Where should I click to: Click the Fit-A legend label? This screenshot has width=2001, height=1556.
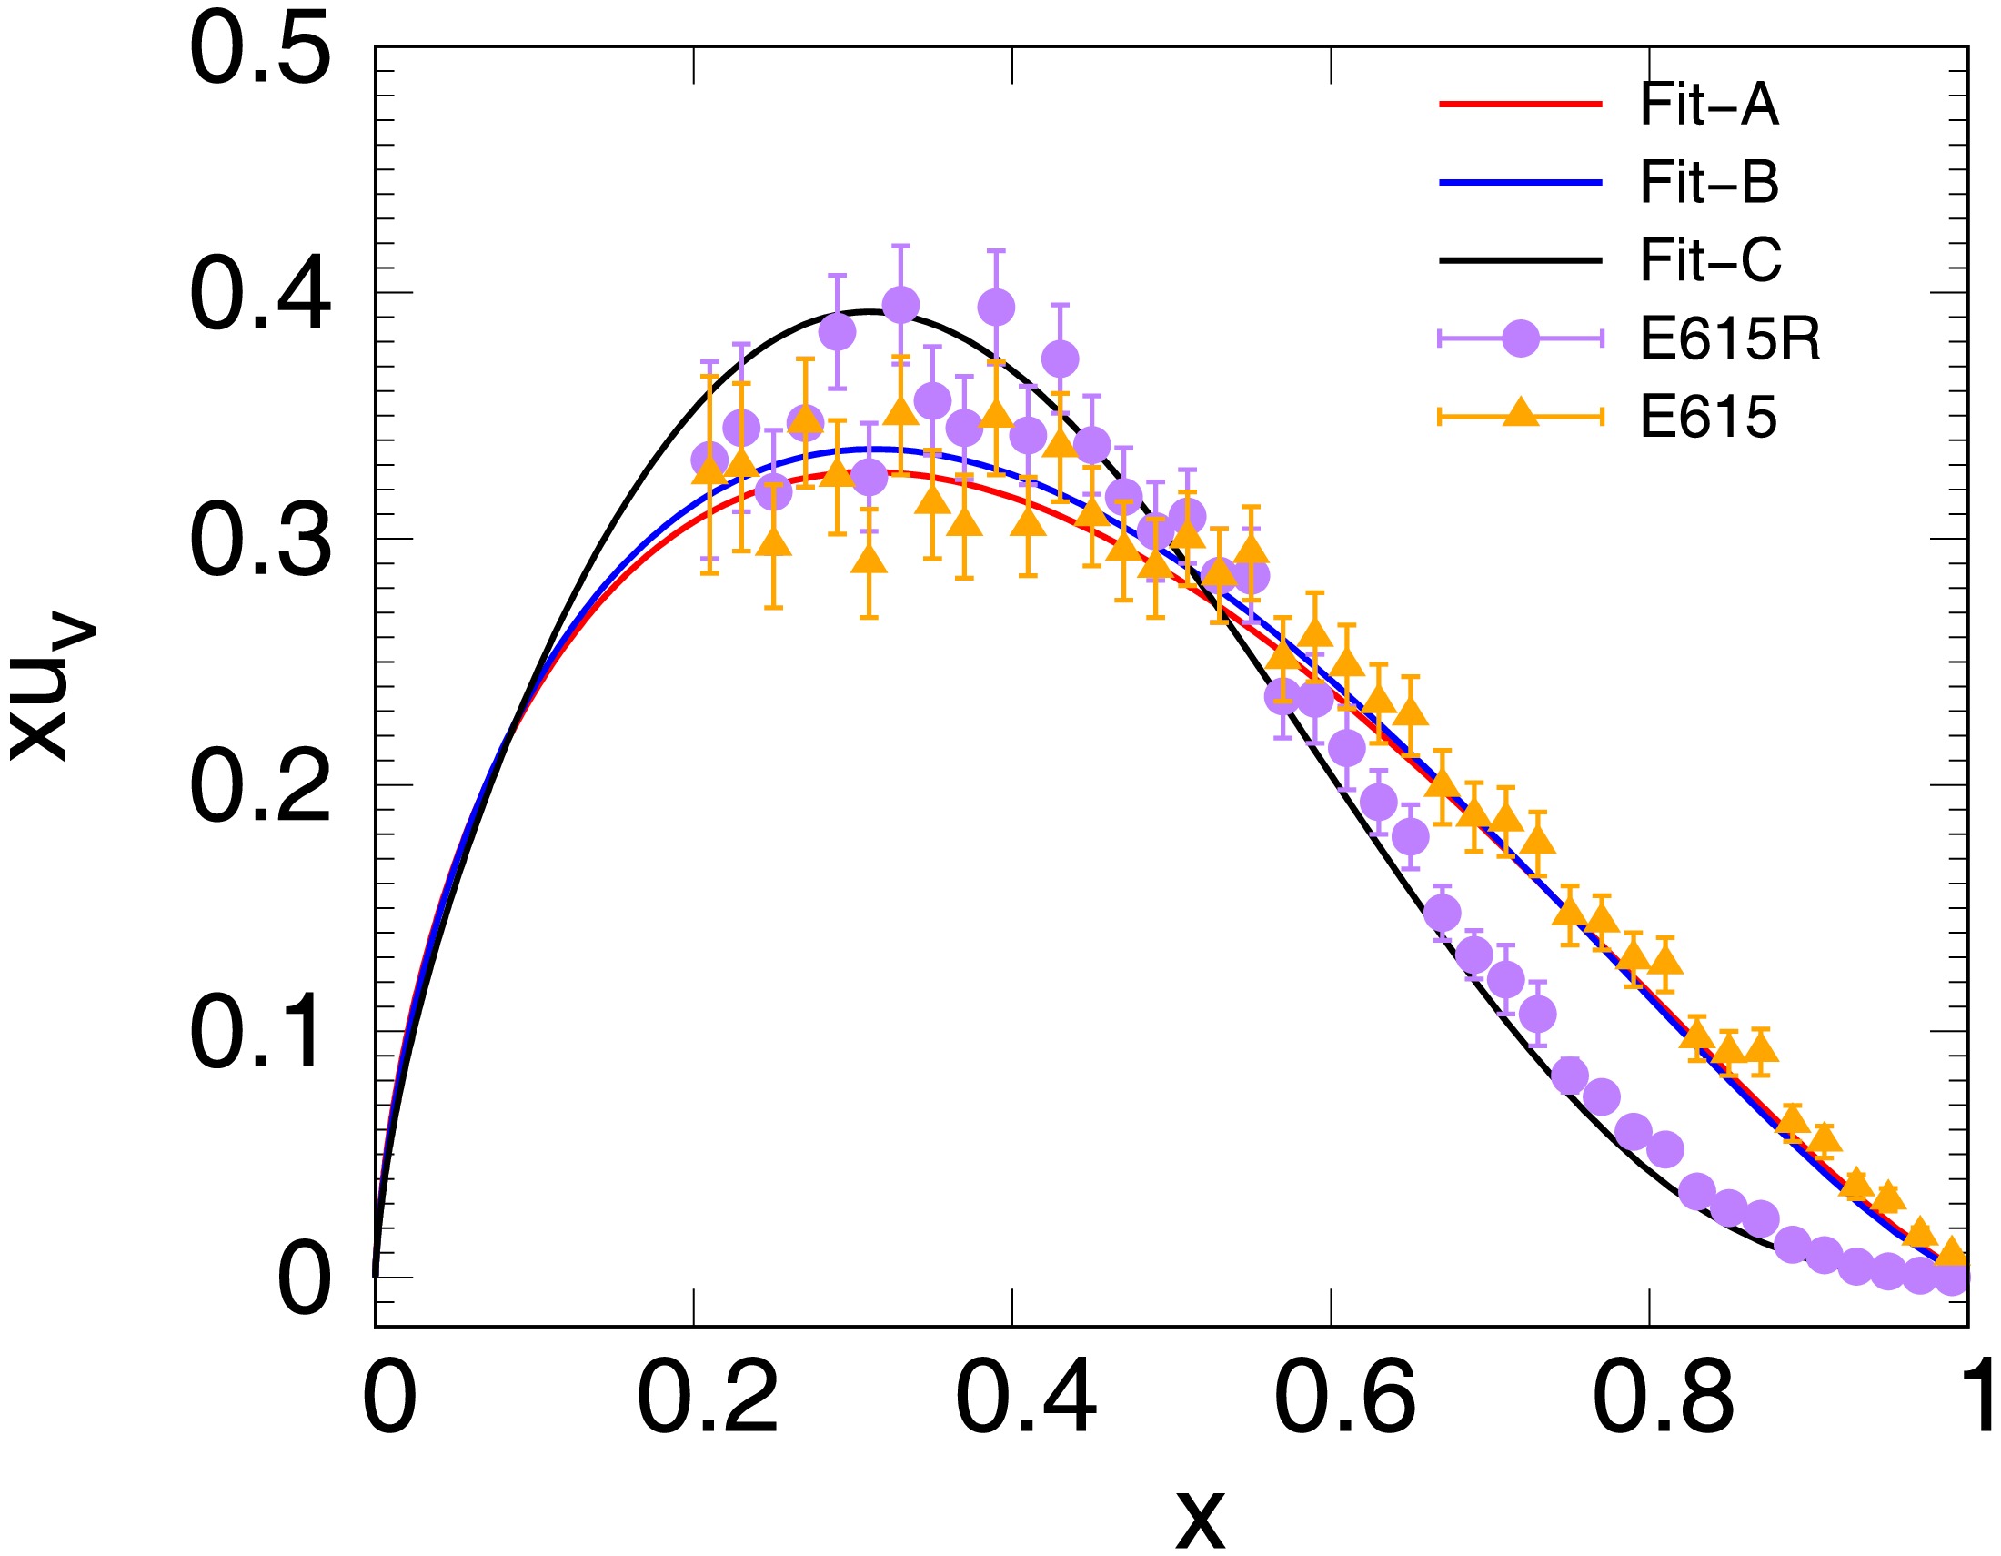tap(1709, 106)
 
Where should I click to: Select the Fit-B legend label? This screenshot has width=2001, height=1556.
tap(1709, 183)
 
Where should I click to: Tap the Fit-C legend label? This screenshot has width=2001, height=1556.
tap(1711, 261)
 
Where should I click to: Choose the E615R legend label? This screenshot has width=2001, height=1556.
tap(1730, 339)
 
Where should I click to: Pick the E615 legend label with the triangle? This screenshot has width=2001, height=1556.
tap(1708, 418)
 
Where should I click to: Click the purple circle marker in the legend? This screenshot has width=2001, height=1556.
tap(1520, 339)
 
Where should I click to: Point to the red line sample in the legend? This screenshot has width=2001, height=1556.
tap(1520, 106)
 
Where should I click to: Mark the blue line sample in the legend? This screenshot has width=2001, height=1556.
tap(1520, 183)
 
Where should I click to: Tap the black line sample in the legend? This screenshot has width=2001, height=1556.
tap(1520, 261)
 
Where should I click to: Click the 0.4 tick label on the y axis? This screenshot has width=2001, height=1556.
tap(259, 295)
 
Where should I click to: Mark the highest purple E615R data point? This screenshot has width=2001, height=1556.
tap(900, 304)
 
